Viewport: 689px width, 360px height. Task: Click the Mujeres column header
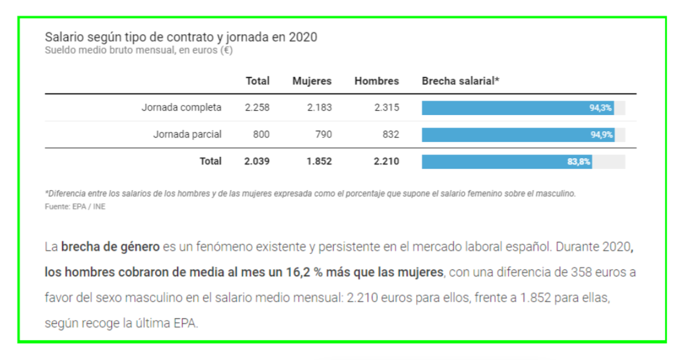[x=312, y=81]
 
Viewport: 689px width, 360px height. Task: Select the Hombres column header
[x=376, y=81]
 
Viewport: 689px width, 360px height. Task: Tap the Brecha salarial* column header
[x=460, y=81]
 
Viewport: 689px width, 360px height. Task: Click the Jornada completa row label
[x=181, y=107]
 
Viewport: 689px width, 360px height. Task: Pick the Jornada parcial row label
[x=187, y=134]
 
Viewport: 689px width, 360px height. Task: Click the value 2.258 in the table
[x=257, y=107]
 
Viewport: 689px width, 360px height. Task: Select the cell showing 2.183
[x=319, y=107]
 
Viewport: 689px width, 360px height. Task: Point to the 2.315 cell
[x=387, y=107]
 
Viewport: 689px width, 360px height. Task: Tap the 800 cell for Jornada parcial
[x=261, y=134]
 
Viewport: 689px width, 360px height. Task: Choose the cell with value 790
[x=324, y=134]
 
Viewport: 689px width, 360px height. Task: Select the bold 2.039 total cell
[x=257, y=161]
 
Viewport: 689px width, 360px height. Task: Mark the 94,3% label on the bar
[x=601, y=108]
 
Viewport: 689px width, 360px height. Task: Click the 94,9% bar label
[x=602, y=135]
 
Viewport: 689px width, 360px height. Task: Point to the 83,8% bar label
[x=579, y=162]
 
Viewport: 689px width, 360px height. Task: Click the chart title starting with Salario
[x=181, y=37]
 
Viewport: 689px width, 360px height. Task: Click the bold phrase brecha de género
[x=110, y=246]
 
